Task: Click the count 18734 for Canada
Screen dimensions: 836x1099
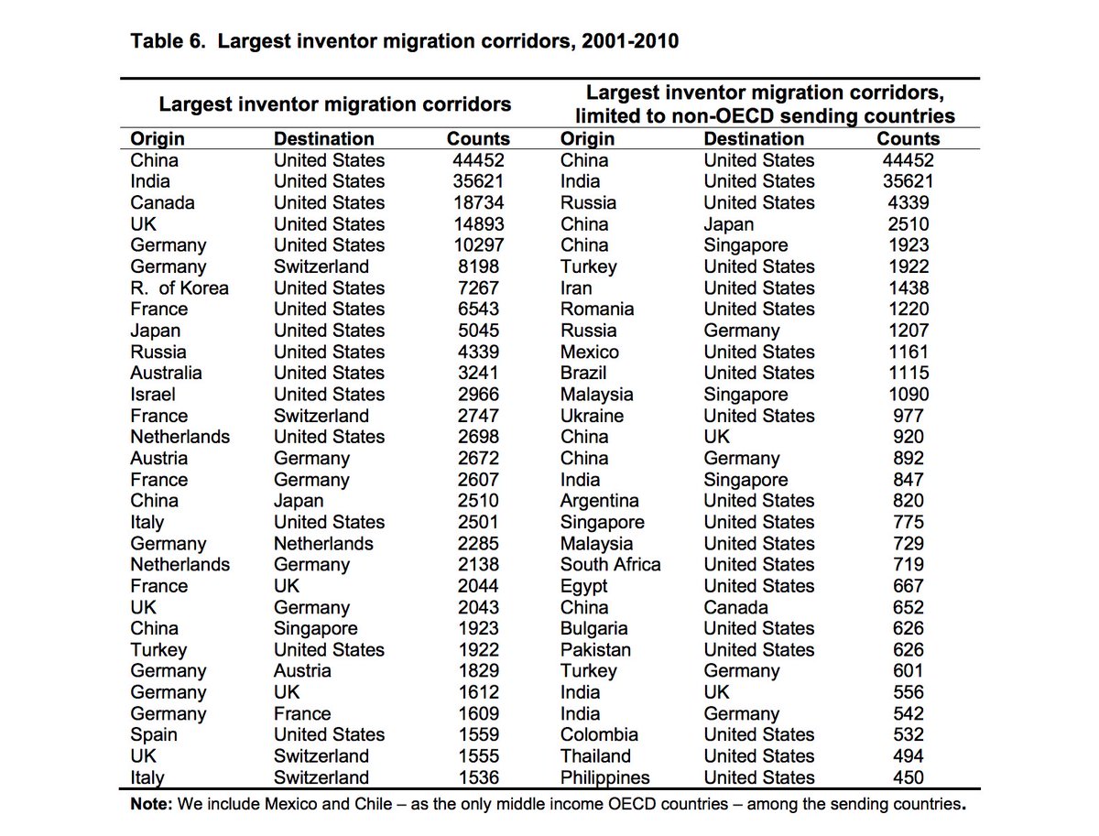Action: point(476,202)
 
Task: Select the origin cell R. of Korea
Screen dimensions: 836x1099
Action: point(180,288)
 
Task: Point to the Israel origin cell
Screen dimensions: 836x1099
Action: point(153,394)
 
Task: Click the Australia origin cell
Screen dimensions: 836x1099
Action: point(167,373)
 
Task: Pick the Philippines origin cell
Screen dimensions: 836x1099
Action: point(605,777)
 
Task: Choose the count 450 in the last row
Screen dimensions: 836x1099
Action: point(908,777)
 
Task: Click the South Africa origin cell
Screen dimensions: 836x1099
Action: point(610,564)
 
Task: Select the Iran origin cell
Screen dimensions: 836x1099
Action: point(577,288)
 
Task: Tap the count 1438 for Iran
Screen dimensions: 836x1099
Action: point(908,288)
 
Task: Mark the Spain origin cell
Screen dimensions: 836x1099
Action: point(154,734)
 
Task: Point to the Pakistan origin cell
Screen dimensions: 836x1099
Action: point(596,649)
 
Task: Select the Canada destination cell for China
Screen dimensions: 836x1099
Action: point(736,607)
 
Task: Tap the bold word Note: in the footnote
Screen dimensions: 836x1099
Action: point(152,806)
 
